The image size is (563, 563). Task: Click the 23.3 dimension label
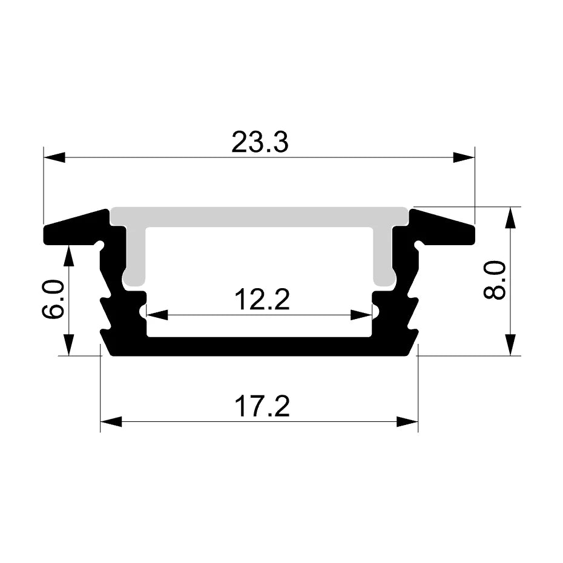[260, 142]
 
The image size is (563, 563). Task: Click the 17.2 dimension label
[262, 407]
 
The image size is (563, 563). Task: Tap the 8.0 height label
[495, 280]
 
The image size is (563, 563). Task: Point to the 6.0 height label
[53, 299]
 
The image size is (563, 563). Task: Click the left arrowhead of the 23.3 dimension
[54, 157]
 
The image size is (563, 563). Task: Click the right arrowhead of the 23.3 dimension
[464, 157]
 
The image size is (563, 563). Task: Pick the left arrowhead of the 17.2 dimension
[111, 421]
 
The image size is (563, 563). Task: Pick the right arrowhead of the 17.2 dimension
[407, 421]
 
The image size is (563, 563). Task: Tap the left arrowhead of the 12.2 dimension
[157, 315]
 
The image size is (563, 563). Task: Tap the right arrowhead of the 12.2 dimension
[361, 315]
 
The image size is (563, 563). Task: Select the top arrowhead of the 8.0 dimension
[512, 218]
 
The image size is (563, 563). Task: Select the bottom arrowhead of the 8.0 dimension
[512, 344]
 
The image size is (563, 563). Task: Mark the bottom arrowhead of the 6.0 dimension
[68, 344]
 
